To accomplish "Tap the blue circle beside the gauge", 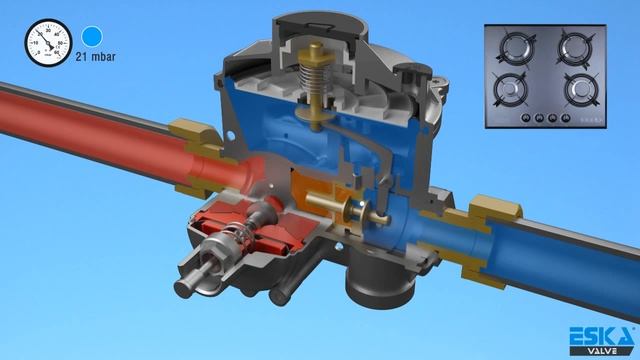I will [x=93, y=38].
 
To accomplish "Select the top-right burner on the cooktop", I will [x=578, y=47].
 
